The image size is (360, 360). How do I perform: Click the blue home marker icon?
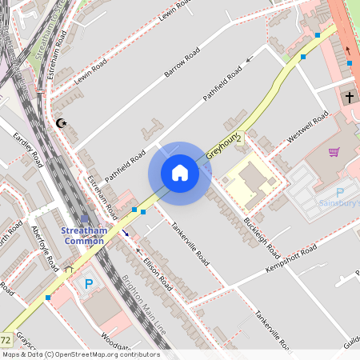(180, 173)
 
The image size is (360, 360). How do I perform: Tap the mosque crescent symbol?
(61, 123)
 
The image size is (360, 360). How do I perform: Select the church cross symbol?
(349, 98)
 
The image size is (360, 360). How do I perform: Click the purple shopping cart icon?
(334, 152)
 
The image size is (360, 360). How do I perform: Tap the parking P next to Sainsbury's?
(339, 193)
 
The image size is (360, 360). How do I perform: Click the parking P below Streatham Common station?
(89, 283)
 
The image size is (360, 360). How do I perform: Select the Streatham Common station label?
(83, 236)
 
